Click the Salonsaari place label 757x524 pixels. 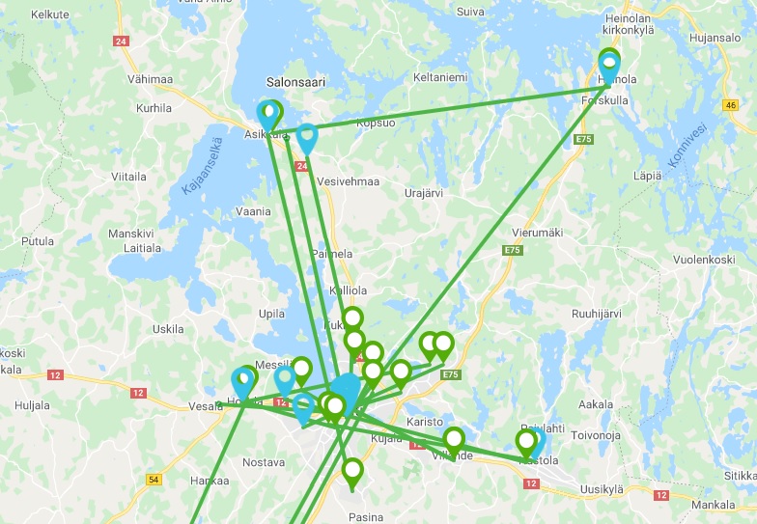point(295,83)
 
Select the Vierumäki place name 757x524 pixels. point(536,232)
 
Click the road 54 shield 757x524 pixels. point(154,480)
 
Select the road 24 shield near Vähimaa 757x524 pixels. point(121,41)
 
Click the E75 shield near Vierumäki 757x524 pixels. point(511,250)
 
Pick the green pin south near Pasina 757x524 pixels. point(352,472)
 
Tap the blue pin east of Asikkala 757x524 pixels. point(307,138)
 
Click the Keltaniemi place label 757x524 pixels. point(440,76)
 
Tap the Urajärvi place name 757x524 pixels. point(423,193)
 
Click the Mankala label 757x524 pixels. point(714,505)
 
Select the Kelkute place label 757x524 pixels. point(50,14)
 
